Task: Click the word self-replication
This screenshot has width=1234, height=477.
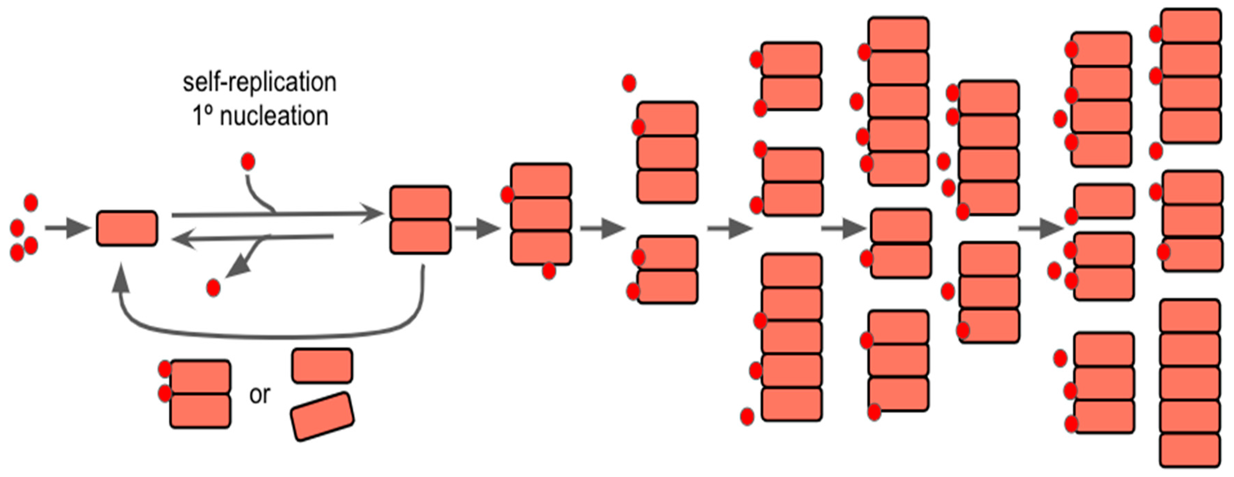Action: (259, 83)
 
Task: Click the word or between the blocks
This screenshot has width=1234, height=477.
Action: (260, 395)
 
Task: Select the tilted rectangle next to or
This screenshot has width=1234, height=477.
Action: (322, 416)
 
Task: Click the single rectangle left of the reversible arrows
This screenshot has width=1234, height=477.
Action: (127, 229)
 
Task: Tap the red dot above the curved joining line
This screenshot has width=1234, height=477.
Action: (248, 162)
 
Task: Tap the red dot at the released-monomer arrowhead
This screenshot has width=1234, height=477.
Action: (213, 288)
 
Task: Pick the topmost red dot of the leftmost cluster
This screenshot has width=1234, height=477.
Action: (31, 203)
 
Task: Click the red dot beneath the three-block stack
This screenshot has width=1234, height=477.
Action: (549, 272)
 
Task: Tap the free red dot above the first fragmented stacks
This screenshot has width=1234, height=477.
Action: (629, 83)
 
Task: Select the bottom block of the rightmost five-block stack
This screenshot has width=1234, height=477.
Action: (1190, 450)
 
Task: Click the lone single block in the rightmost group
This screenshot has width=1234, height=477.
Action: (1104, 201)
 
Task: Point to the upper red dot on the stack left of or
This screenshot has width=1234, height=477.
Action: (164, 369)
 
